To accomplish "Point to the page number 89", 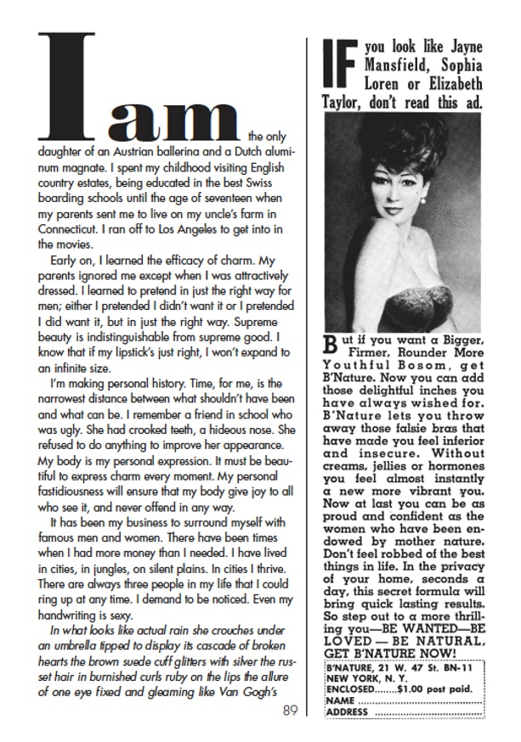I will pos(290,710).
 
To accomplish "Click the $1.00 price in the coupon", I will pos(402,690).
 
